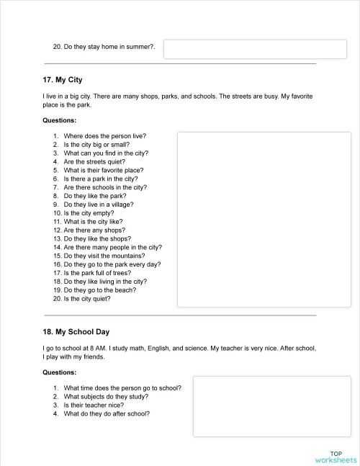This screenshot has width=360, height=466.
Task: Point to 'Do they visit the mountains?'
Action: (x=104, y=256)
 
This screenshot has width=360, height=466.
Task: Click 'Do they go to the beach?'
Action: (x=101, y=290)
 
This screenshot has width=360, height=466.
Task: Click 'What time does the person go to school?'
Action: (x=122, y=387)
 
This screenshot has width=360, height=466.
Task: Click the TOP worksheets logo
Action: (x=336, y=456)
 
